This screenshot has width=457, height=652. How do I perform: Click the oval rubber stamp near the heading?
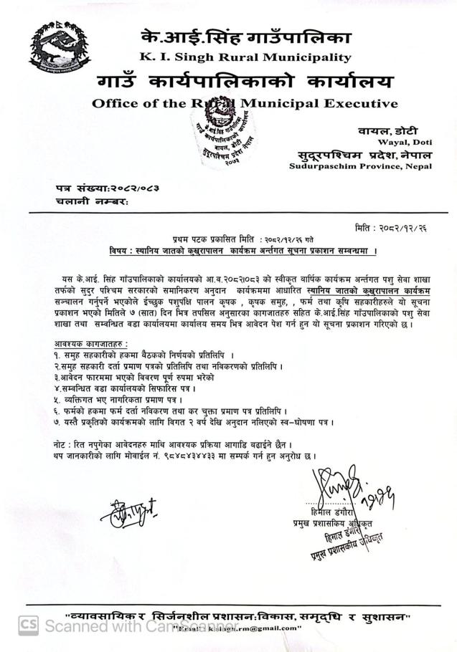[222, 133]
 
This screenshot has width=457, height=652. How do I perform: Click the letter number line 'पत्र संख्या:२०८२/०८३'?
[107, 188]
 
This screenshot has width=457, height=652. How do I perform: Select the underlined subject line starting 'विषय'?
[244, 251]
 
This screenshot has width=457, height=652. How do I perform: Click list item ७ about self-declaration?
[194, 423]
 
